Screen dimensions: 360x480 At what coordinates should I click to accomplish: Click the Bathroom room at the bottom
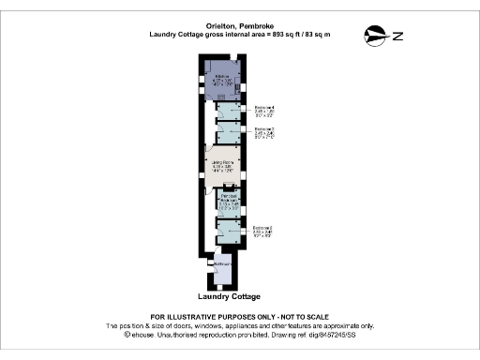pos(221,266)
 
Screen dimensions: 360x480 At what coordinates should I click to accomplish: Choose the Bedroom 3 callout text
pos(264,132)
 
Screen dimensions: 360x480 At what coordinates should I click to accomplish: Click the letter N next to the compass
pos(397,37)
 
